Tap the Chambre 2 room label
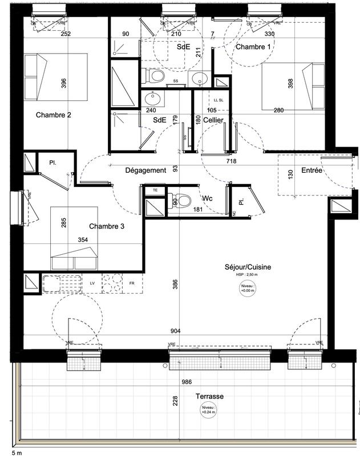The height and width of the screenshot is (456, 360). click(53, 115)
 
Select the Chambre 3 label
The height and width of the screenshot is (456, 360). click(107, 226)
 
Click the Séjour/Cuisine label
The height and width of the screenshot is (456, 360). click(248, 267)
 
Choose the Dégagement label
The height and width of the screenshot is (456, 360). click(145, 170)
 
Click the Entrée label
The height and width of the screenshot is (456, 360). click(312, 170)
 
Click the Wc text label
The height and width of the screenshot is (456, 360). click(208, 199)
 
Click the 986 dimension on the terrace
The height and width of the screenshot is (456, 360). click(185, 383)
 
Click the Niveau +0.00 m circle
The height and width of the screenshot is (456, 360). click(247, 288)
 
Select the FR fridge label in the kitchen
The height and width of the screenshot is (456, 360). click(131, 283)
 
